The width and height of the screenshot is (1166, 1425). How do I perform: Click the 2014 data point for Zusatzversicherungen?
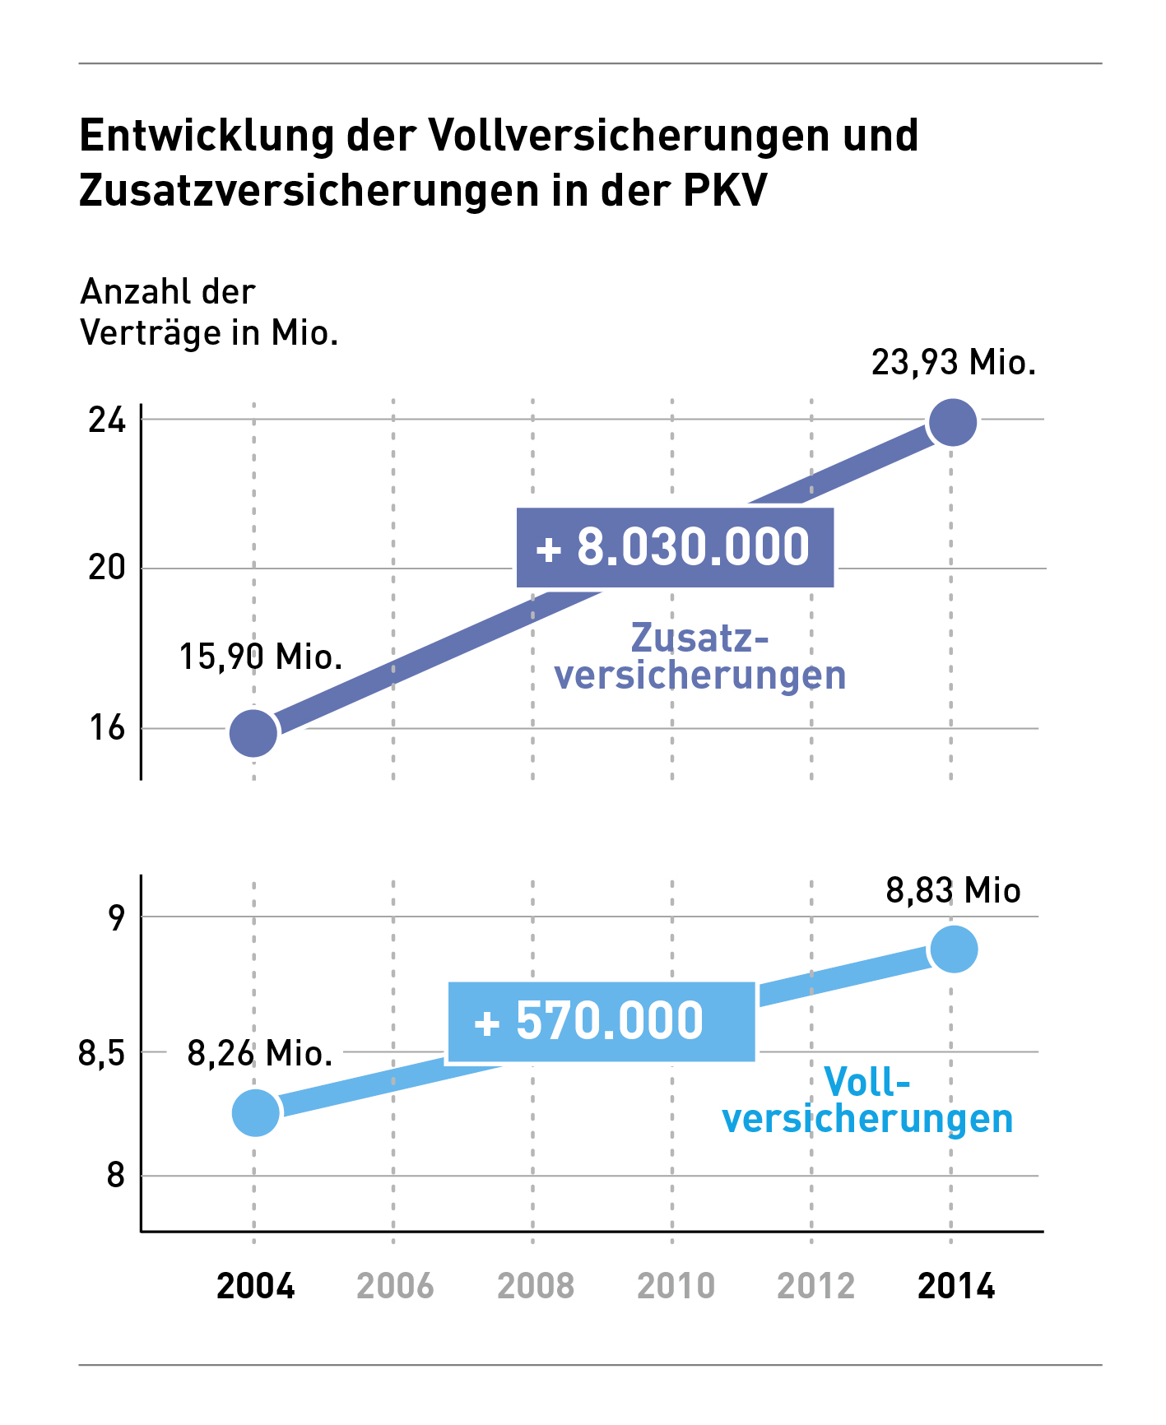coord(952,422)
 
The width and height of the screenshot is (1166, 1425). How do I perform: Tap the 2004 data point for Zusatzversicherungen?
coord(253,732)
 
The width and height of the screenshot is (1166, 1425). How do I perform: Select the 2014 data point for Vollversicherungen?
coord(953,949)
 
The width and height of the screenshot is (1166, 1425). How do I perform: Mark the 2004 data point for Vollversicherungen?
coord(255,1112)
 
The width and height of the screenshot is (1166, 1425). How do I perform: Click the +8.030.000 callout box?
coord(675,548)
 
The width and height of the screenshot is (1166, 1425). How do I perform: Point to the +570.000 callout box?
coord(601,1022)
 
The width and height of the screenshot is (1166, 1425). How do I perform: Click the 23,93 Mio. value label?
coord(953,363)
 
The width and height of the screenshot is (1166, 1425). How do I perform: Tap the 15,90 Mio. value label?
coord(260,657)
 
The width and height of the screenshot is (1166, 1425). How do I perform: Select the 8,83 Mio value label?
coord(953,891)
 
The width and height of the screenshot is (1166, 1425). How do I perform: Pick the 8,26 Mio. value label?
coord(260,1053)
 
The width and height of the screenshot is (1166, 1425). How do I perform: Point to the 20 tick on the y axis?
coord(107,568)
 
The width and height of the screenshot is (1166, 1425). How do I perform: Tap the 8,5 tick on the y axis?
coord(101,1053)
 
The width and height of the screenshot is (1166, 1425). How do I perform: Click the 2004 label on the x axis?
coord(255,1286)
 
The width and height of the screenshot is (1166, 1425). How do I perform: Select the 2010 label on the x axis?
coord(676,1286)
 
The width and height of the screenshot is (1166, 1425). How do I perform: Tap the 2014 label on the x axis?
coord(955,1286)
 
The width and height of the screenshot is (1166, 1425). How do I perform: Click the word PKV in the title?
coord(725,190)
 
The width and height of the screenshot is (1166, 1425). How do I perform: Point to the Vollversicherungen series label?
coord(867,1101)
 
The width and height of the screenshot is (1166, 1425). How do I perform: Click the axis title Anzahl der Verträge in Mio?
coord(209,313)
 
